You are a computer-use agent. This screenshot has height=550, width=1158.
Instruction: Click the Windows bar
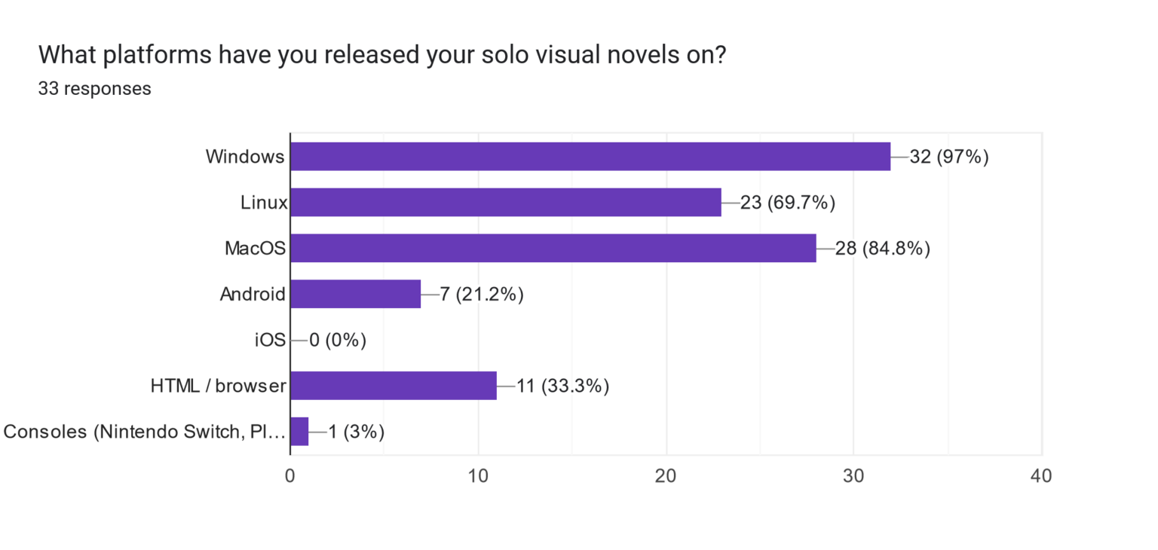(x=590, y=157)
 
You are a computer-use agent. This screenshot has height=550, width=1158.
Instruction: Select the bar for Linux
(x=506, y=203)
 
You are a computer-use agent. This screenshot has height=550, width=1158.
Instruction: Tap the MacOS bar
(x=553, y=248)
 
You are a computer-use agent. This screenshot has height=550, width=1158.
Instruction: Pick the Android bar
(x=355, y=294)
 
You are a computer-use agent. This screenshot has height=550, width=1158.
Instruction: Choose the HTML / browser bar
(x=393, y=386)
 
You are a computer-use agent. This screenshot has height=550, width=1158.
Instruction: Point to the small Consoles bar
(x=299, y=432)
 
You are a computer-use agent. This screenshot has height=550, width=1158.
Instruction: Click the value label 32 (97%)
(x=949, y=157)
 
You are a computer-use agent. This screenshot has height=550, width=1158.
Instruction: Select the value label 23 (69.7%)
(x=788, y=203)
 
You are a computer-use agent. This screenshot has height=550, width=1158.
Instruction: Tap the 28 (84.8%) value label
(x=883, y=248)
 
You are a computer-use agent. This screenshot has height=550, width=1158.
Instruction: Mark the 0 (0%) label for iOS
(x=338, y=341)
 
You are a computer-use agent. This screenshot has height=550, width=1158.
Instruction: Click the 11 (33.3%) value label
(x=562, y=387)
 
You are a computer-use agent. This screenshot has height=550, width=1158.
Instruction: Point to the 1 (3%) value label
(x=357, y=432)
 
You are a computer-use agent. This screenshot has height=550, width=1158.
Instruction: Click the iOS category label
(x=271, y=341)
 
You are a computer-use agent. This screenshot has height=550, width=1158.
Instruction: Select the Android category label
(x=253, y=295)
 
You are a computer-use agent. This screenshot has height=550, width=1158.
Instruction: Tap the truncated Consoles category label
(x=145, y=432)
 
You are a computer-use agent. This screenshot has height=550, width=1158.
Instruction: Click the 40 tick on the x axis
(x=1041, y=476)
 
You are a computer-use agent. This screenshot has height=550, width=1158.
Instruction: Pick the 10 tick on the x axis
(x=478, y=476)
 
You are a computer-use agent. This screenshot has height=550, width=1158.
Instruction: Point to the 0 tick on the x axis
(x=290, y=476)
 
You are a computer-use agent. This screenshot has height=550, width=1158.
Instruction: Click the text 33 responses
(x=94, y=89)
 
